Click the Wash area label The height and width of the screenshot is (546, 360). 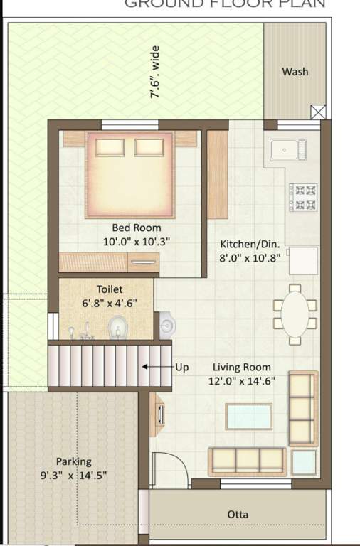click(295, 72)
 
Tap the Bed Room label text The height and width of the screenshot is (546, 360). click(137, 228)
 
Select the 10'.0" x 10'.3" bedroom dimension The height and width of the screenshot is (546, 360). click(137, 242)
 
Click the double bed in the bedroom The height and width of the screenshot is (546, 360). click(129, 173)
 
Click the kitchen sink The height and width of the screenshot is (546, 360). click(286, 151)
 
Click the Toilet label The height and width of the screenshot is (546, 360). click(110, 289)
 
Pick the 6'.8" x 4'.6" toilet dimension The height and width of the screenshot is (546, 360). click(110, 303)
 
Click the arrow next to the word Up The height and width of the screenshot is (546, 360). click(155, 367)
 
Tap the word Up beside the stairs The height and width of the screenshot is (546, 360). click(182, 367)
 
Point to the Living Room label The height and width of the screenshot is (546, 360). click(242, 367)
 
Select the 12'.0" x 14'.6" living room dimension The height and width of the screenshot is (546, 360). click(242, 380)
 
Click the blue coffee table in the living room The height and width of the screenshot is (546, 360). click(248, 416)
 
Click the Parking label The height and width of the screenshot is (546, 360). click(74, 461)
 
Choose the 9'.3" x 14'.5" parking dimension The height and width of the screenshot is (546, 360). click(74, 475)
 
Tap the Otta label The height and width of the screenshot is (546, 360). click(237, 514)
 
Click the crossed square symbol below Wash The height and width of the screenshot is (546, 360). click(318, 112)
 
